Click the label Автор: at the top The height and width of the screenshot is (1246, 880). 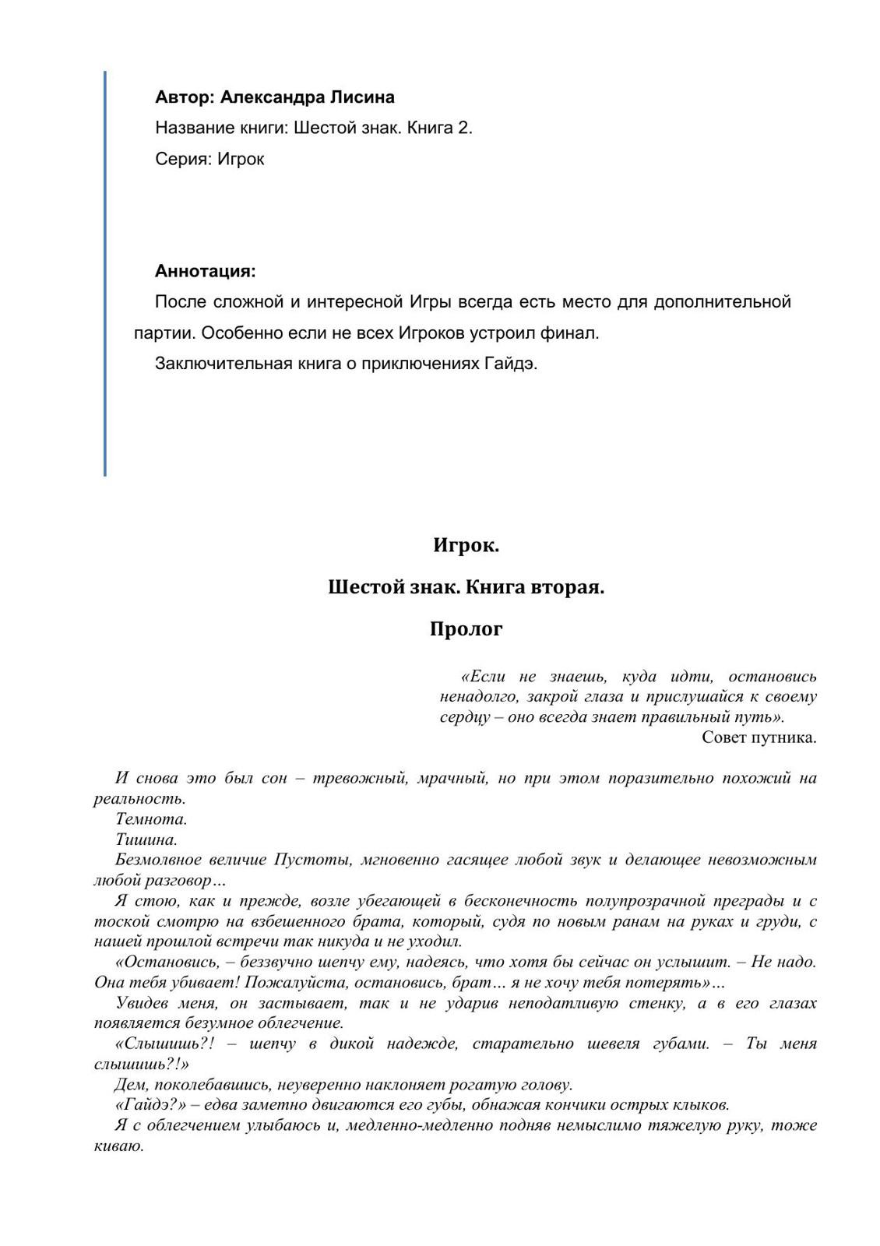[184, 97]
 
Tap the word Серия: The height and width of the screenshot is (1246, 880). [183, 159]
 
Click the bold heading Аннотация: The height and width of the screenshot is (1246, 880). [206, 271]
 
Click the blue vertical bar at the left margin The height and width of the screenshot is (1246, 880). [104, 273]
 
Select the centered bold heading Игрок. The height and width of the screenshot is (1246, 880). [466, 546]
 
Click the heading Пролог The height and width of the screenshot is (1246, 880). [466, 628]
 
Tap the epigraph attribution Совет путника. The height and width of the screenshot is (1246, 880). [759, 737]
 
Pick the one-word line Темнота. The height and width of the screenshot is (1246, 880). [151, 819]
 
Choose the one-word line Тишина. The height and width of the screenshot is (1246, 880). [146, 839]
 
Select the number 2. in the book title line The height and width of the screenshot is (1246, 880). [464, 128]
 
